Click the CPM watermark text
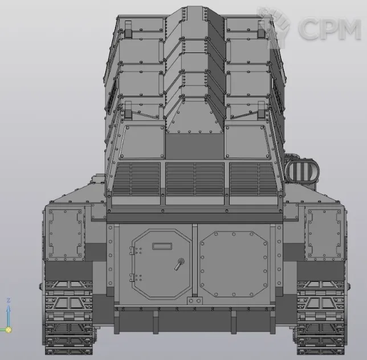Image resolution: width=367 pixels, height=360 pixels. (329, 29)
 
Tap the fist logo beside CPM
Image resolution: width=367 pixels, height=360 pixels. (274, 27)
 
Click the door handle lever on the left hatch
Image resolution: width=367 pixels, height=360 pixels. (179, 264)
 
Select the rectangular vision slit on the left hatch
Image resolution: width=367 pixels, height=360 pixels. (162, 246)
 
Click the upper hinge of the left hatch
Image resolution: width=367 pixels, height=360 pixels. (132, 250)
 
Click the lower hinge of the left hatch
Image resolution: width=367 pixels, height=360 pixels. (132, 278)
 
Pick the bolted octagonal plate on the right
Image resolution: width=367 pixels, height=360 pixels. (234, 264)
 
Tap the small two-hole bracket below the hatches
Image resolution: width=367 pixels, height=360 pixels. (195, 301)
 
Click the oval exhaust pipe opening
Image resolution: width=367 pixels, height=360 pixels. (302, 171)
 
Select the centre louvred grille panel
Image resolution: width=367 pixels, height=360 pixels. (195, 179)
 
